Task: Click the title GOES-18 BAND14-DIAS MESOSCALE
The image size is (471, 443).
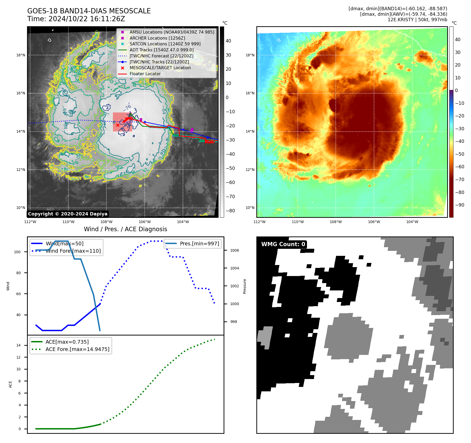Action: (89, 11)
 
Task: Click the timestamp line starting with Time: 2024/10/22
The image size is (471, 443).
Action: (76, 19)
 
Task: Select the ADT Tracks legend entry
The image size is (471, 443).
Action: (161, 50)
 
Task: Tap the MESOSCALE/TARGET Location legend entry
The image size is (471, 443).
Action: (160, 68)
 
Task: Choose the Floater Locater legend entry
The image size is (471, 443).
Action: (145, 74)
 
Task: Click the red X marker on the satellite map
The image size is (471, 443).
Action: (118, 125)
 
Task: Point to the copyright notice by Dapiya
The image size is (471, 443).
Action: (68, 214)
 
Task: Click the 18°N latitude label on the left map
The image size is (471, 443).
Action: (21, 55)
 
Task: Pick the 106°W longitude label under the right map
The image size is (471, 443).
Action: (374, 222)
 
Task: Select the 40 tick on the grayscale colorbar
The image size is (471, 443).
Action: (228, 41)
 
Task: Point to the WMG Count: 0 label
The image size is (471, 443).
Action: (283, 244)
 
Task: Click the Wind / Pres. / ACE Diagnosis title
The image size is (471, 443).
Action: (125, 229)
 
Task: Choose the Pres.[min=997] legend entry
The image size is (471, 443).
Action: (199, 244)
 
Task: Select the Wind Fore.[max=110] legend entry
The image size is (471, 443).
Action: (73, 251)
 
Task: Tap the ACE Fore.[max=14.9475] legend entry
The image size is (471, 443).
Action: (77, 349)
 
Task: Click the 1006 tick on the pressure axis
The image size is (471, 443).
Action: (234, 250)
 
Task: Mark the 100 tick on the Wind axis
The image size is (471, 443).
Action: (17, 252)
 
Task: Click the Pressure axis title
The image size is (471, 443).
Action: (245, 286)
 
